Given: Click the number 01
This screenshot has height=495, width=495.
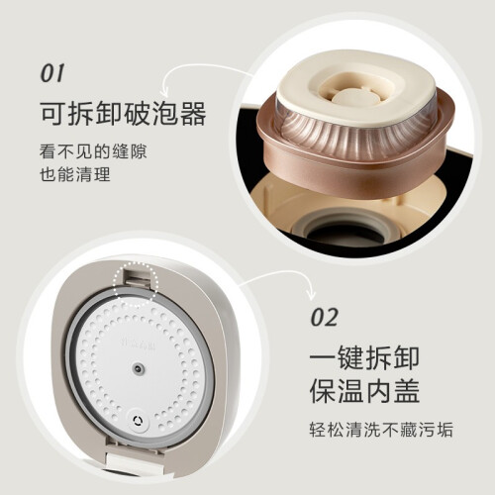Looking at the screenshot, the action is (x=51, y=73).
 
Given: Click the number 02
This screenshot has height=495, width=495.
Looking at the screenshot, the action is (x=325, y=317).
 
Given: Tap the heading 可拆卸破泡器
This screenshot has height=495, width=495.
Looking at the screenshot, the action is (x=124, y=114).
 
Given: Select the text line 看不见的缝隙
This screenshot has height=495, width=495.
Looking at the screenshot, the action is (x=93, y=151).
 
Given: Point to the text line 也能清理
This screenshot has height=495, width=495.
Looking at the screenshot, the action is (x=75, y=174).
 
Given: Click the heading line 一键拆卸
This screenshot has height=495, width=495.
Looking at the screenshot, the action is (x=364, y=358).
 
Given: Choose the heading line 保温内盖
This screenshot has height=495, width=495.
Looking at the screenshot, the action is (x=364, y=391).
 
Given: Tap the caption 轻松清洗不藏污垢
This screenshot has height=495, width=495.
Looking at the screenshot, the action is (x=381, y=430).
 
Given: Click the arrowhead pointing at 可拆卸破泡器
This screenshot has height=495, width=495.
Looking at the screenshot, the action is (x=164, y=88).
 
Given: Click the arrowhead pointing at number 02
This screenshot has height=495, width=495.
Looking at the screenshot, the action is (x=311, y=294).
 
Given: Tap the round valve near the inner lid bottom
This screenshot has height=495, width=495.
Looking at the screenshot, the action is (x=138, y=421).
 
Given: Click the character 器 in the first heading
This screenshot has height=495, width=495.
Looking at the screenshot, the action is (x=193, y=114).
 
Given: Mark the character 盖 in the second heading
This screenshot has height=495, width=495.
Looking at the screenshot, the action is (x=406, y=391).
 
